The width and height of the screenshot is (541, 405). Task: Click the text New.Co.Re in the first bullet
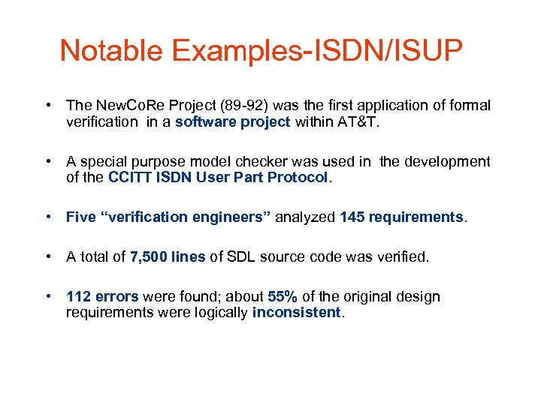coord(122,106)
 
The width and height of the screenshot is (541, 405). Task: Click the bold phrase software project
coord(232,122)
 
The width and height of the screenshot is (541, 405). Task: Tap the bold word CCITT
coord(131,178)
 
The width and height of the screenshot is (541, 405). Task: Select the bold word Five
coord(80,217)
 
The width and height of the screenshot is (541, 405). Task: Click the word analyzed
coord(306,217)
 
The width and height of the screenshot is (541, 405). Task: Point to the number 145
coord(352,217)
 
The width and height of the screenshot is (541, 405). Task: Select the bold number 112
coord(79,296)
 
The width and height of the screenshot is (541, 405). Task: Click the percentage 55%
coord(283,296)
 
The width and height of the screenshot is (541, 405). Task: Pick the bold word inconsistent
coord(296,313)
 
